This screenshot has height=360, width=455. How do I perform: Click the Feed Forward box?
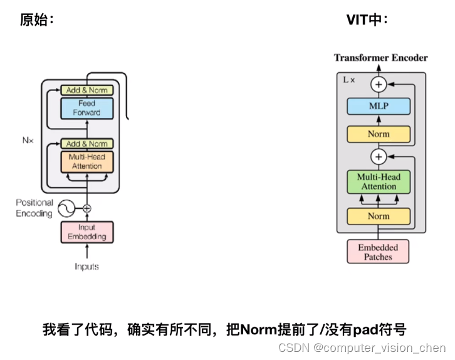[87, 108]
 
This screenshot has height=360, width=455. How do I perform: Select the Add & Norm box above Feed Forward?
[87, 90]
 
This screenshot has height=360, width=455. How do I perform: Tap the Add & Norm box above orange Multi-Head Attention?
[87, 144]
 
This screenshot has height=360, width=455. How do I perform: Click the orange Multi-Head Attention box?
[87, 162]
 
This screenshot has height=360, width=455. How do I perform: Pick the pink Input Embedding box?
[87, 232]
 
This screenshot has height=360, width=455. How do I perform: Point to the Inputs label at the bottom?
[87, 267]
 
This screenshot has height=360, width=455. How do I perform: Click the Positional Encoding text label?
[34, 208]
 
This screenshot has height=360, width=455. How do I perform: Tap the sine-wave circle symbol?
[66, 208]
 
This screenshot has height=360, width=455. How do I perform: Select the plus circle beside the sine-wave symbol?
[87, 208]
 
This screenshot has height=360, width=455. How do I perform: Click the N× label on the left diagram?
[28, 140]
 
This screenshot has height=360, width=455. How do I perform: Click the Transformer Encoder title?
[380, 58]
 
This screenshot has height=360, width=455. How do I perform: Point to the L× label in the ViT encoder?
[348, 80]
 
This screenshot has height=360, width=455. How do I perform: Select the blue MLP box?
[379, 106]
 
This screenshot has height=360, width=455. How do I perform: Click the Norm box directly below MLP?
[379, 134]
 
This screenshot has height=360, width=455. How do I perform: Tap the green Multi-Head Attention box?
[379, 182]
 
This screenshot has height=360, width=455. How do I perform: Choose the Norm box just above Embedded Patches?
[379, 216]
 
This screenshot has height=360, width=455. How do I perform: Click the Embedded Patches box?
[378, 251]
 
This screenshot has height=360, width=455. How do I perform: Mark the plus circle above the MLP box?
[379, 83]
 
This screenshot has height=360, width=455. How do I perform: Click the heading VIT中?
[367, 20]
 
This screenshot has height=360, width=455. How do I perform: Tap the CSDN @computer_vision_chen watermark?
[362, 348]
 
